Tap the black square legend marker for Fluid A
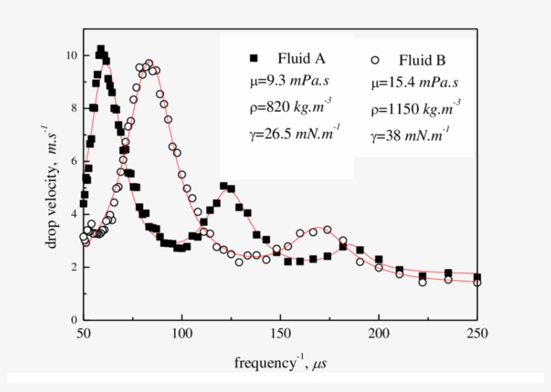click(x=253, y=58)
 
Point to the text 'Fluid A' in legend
click(x=302, y=58)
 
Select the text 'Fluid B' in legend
click(x=422, y=61)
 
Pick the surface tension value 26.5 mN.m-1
click(x=290, y=132)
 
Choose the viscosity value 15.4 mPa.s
click(x=414, y=84)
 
